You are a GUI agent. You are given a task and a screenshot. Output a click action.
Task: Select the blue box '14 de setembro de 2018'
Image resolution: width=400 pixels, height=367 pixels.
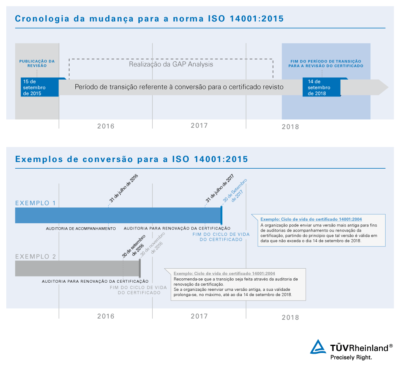(x=321, y=87)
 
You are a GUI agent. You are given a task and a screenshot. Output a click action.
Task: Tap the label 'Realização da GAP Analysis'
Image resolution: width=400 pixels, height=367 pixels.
(x=171, y=64)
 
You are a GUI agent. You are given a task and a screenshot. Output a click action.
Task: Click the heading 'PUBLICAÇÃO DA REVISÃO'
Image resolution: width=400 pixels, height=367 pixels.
(x=37, y=63)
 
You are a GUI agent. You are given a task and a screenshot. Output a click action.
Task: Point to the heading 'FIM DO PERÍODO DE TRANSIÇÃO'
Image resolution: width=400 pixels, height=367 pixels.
(x=326, y=64)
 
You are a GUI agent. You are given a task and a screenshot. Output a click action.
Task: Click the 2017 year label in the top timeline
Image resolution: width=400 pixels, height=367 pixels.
(x=199, y=126)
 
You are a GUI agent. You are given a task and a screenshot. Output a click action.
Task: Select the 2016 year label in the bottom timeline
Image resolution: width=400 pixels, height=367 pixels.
(x=106, y=316)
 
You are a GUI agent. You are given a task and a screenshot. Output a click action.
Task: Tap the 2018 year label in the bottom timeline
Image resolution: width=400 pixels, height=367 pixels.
(x=290, y=317)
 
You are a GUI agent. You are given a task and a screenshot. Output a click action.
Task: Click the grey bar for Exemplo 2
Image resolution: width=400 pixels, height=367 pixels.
(x=76, y=268)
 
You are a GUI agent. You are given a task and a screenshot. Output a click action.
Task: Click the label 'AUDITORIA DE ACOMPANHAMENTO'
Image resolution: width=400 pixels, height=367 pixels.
(x=81, y=228)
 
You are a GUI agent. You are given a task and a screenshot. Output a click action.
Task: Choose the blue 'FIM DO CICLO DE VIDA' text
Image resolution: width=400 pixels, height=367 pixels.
(x=221, y=234)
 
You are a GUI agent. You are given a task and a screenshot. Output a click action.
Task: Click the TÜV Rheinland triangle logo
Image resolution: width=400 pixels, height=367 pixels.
(x=319, y=347)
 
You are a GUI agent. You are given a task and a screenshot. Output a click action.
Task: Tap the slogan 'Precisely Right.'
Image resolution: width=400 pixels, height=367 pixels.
(x=351, y=357)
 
